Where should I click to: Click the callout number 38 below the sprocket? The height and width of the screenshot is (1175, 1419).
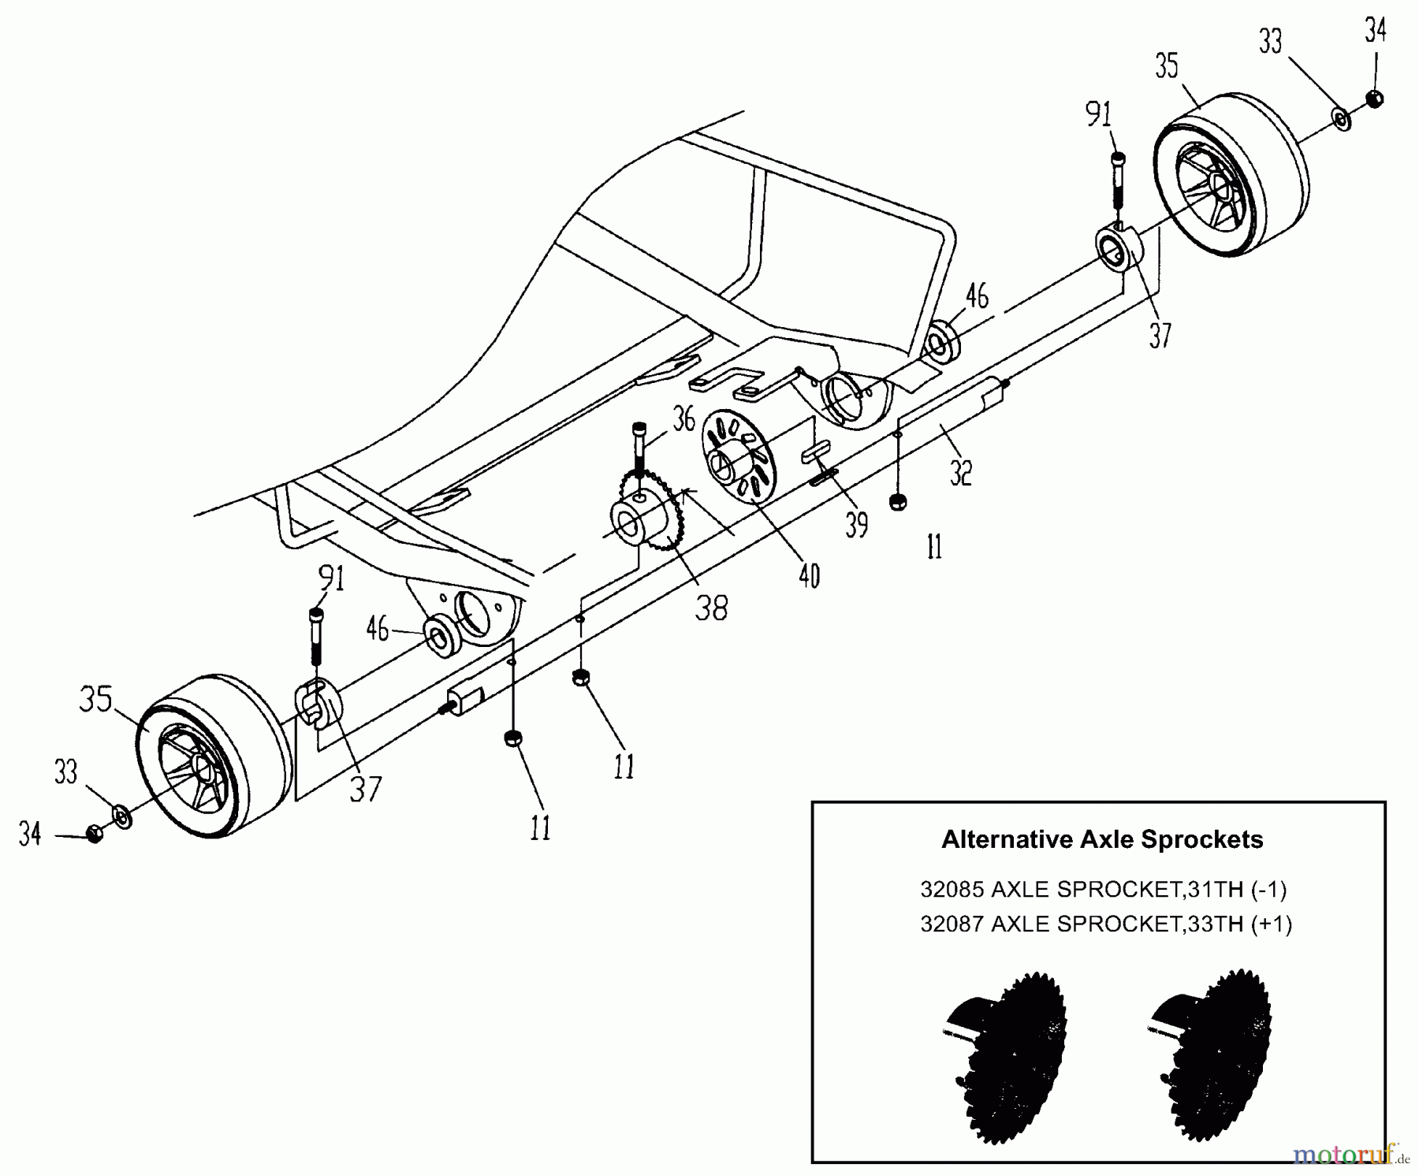tap(710, 607)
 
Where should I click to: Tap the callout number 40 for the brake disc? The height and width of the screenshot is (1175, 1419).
tap(809, 576)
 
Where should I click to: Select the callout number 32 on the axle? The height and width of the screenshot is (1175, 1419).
tap(960, 471)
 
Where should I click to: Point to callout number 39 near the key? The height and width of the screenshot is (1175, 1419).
tap(856, 523)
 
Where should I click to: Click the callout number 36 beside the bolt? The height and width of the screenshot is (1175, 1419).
tap(683, 419)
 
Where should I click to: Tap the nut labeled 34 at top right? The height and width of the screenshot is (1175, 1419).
tap(1375, 99)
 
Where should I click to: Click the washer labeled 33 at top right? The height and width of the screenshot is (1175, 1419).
tap(1342, 119)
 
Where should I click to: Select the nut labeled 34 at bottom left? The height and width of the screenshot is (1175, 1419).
tap(94, 834)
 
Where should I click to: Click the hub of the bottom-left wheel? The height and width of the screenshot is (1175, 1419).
tap(200, 769)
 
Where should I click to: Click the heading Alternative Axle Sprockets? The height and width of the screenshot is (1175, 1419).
tap(1101, 839)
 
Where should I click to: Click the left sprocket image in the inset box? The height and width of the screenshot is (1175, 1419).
tap(1008, 1056)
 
